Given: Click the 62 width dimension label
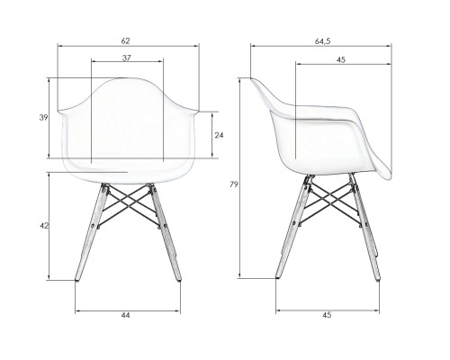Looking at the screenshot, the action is click(x=126, y=40).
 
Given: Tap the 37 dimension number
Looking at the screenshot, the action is click(x=127, y=58).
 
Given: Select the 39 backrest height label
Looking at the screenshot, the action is click(x=43, y=118).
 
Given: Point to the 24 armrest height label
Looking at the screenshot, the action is click(x=219, y=135).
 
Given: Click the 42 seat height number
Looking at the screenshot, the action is click(x=44, y=226).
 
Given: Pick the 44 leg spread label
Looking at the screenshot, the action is click(x=126, y=315).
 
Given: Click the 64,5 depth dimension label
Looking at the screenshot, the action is click(x=322, y=41).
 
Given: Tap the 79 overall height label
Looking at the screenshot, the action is click(x=234, y=184).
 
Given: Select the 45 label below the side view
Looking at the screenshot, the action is click(x=327, y=315).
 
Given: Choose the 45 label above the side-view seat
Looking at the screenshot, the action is click(x=341, y=59).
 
